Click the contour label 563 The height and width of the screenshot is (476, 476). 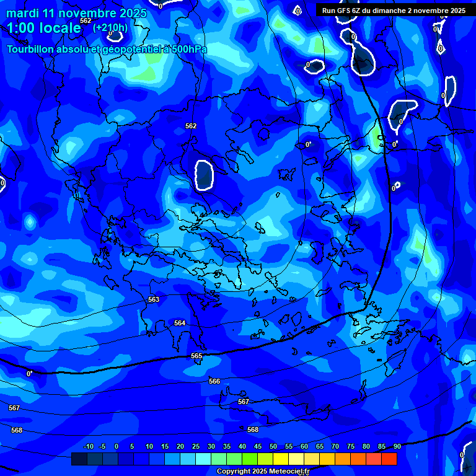(154, 299)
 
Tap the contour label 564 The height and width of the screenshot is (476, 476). (180, 323)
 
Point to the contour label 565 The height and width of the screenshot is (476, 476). (196, 356)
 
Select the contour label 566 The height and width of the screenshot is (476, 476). (214, 381)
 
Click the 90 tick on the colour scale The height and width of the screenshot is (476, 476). (397, 446)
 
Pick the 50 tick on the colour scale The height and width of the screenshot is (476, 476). (273, 446)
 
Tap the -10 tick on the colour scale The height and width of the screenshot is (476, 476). (88, 446)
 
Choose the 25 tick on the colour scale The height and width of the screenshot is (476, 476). (195, 446)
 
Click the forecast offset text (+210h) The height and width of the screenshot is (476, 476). (110, 27)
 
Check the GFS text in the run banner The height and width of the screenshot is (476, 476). (345, 11)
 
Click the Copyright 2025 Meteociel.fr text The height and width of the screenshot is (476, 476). (263, 471)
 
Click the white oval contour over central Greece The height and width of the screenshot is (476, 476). (203, 174)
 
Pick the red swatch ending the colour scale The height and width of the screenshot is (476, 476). (389, 459)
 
